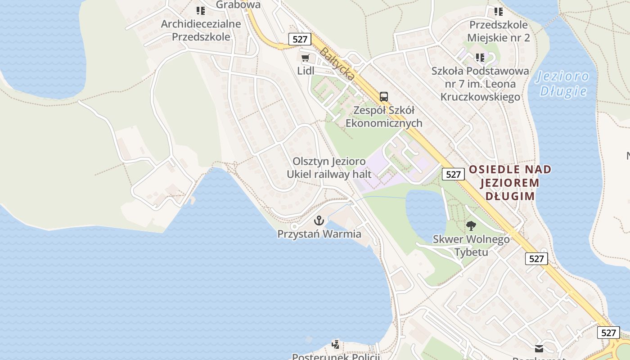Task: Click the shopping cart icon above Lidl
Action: pos(306,58)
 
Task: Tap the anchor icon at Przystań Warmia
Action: pos(319,220)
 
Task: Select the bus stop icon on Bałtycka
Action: pos(383,96)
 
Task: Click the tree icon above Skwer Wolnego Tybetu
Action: pos(471,226)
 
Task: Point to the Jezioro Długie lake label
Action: pos(563,84)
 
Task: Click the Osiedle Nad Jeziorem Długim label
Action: pos(510,183)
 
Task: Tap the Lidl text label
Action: pos(306,71)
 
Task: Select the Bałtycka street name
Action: pos(337,64)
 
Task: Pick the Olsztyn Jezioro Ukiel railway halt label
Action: pos(329,167)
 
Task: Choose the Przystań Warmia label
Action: pos(319,234)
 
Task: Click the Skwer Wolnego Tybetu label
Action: pos(471,245)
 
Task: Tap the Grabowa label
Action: pos(238,4)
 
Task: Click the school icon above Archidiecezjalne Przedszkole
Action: pos(201,10)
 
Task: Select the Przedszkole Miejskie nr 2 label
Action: pos(499,31)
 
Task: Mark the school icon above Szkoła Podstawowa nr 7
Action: pos(480,58)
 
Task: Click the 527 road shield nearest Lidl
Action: pos(300,39)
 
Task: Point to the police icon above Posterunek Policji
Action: pos(335,345)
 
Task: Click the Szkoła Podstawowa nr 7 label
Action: pos(480,84)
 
